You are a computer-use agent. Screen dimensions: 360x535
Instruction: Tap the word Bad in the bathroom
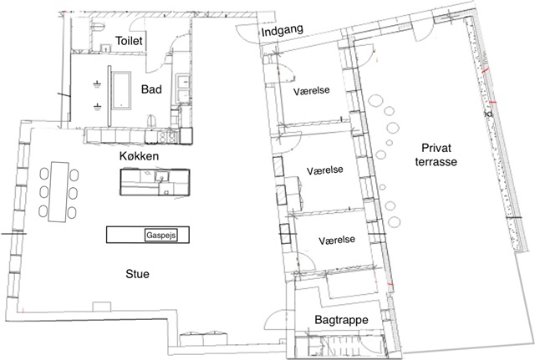[x=151, y=89]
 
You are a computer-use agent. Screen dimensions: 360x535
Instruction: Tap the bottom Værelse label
[x=336, y=240]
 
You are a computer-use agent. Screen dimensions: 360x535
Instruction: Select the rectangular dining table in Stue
[x=59, y=190]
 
